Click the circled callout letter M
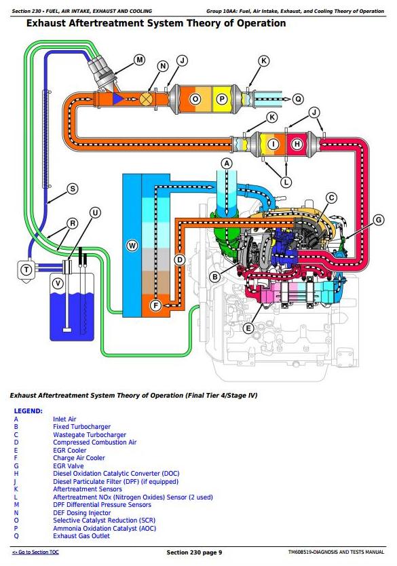[x=139, y=60]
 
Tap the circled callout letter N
[x=163, y=66]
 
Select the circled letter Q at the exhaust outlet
[x=298, y=99]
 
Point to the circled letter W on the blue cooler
[x=132, y=246]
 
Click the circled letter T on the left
[x=26, y=269]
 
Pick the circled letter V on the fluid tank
[x=58, y=284]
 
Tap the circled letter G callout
[x=378, y=220]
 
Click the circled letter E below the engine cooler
[x=248, y=328]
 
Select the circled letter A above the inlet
[x=227, y=164]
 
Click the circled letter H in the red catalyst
[x=297, y=145]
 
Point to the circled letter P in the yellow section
[x=222, y=99]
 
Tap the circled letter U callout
[x=95, y=212]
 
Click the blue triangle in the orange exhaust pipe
[x=117, y=98]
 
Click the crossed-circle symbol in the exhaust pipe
[x=145, y=98]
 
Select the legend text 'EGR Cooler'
[x=70, y=450]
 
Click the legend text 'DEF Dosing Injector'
[x=82, y=512]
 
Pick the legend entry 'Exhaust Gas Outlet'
[x=81, y=535]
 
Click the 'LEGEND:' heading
[x=28, y=411]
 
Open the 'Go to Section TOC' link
[x=35, y=552]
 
